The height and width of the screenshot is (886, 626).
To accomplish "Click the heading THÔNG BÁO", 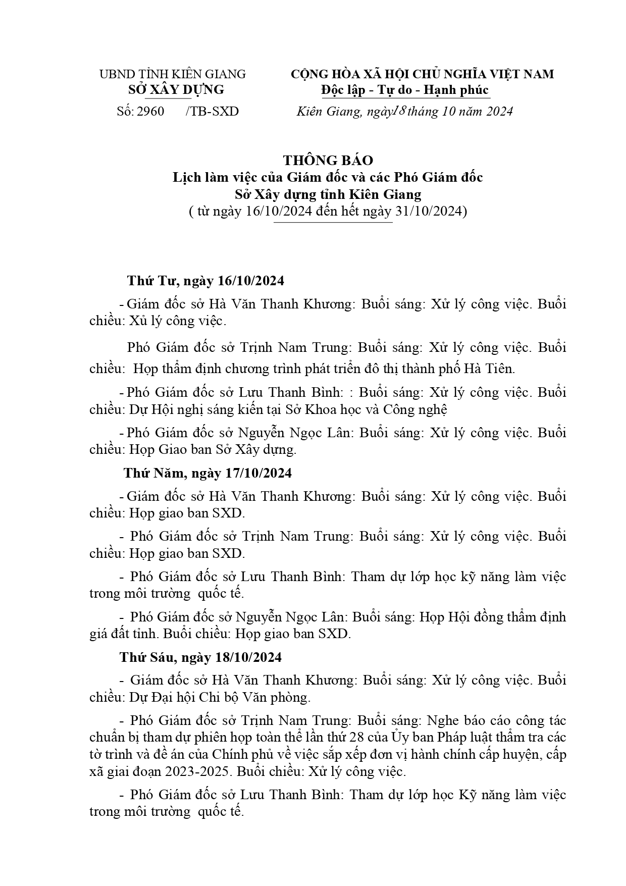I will (x=328, y=161).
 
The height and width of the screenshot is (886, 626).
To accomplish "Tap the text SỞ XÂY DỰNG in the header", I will (x=176, y=90).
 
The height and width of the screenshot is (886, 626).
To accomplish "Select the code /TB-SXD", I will (x=212, y=112).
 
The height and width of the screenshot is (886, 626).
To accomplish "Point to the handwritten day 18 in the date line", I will (x=398, y=111).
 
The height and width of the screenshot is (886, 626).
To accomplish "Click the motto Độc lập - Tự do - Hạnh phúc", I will (x=405, y=90).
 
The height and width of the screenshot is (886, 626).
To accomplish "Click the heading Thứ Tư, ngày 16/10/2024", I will (x=205, y=281).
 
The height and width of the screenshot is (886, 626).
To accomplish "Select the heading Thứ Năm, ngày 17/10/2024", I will (x=207, y=473).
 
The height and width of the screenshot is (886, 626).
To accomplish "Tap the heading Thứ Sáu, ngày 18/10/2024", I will (x=200, y=657).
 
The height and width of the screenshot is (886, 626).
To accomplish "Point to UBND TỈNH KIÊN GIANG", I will (x=173, y=74).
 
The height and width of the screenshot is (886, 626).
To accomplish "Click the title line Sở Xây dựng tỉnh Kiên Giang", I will (x=328, y=194).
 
